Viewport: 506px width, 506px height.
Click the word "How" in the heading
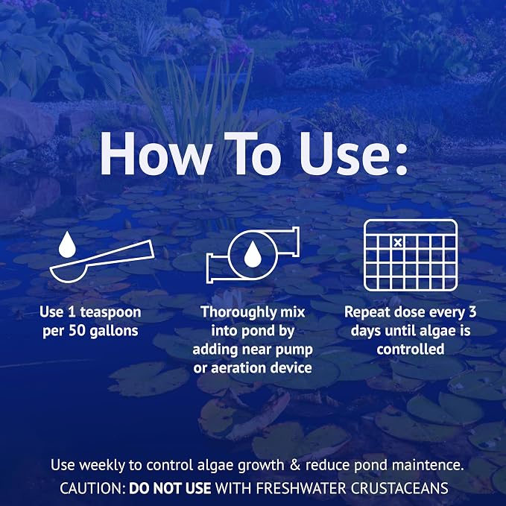click(x=156, y=154)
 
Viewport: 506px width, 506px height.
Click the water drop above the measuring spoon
click(x=67, y=244)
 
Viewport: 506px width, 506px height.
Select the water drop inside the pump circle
click(x=253, y=255)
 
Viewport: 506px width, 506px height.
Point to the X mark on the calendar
click(x=398, y=242)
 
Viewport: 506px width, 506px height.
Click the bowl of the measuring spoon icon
click(x=69, y=273)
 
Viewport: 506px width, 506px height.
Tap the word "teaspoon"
click(x=111, y=312)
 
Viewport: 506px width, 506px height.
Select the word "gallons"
click(x=114, y=332)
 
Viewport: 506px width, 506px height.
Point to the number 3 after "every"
click(x=472, y=312)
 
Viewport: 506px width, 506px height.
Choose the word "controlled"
click(x=410, y=350)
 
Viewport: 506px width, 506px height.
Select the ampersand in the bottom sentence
click(x=295, y=465)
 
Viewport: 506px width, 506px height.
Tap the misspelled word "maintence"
click(x=428, y=465)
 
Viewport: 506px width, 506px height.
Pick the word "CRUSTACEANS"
click(x=399, y=488)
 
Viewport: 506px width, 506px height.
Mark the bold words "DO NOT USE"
click(x=170, y=488)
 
